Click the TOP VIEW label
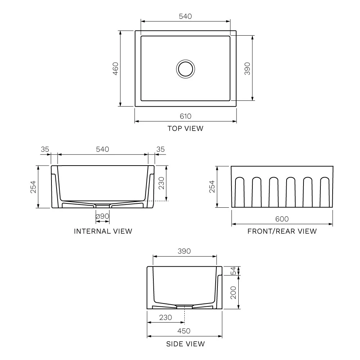(x=185, y=128)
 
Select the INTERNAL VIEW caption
(x=103, y=231)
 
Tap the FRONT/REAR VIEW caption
(x=282, y=231)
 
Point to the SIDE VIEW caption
(x=185, y=344)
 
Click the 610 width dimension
(x=185, y=116)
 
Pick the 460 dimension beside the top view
(x=116, y=68)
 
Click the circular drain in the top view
(x=186, y=68)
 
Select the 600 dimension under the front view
(x=282, y=219)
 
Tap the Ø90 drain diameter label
(x=103, y=216)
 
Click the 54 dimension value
(x=233, y=271)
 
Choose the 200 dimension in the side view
(x=233, y=292)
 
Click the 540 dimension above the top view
(x=185, y=16)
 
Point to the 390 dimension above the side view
(x=184, y=251)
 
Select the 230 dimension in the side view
(x=165, y=318)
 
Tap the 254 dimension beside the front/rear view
(x=212, y=187)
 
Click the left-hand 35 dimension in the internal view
(x=45, y=149)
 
